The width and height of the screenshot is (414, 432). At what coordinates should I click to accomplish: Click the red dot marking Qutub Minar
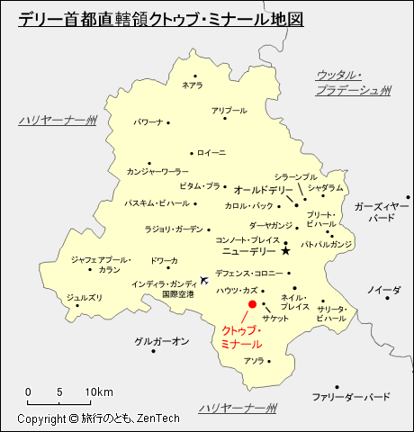click(253, 305)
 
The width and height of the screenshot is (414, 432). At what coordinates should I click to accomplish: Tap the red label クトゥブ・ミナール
click(241, 337)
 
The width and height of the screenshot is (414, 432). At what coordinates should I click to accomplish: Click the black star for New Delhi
click(285, 251)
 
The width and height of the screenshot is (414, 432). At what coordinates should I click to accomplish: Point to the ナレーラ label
click(192, 85)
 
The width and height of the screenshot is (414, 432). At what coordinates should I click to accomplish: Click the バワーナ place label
click(148, 121)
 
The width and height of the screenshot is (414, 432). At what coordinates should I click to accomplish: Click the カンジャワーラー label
click(157, 171)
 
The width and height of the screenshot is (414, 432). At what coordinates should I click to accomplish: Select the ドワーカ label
click(164, 261)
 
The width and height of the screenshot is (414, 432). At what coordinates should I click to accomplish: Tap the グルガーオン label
click(161, 341)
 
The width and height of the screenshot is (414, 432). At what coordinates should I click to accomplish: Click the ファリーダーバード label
click(351, 397)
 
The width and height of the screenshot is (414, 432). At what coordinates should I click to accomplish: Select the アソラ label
click(254, 361)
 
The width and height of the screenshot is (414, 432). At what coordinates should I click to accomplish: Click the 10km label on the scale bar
click(99, 392)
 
